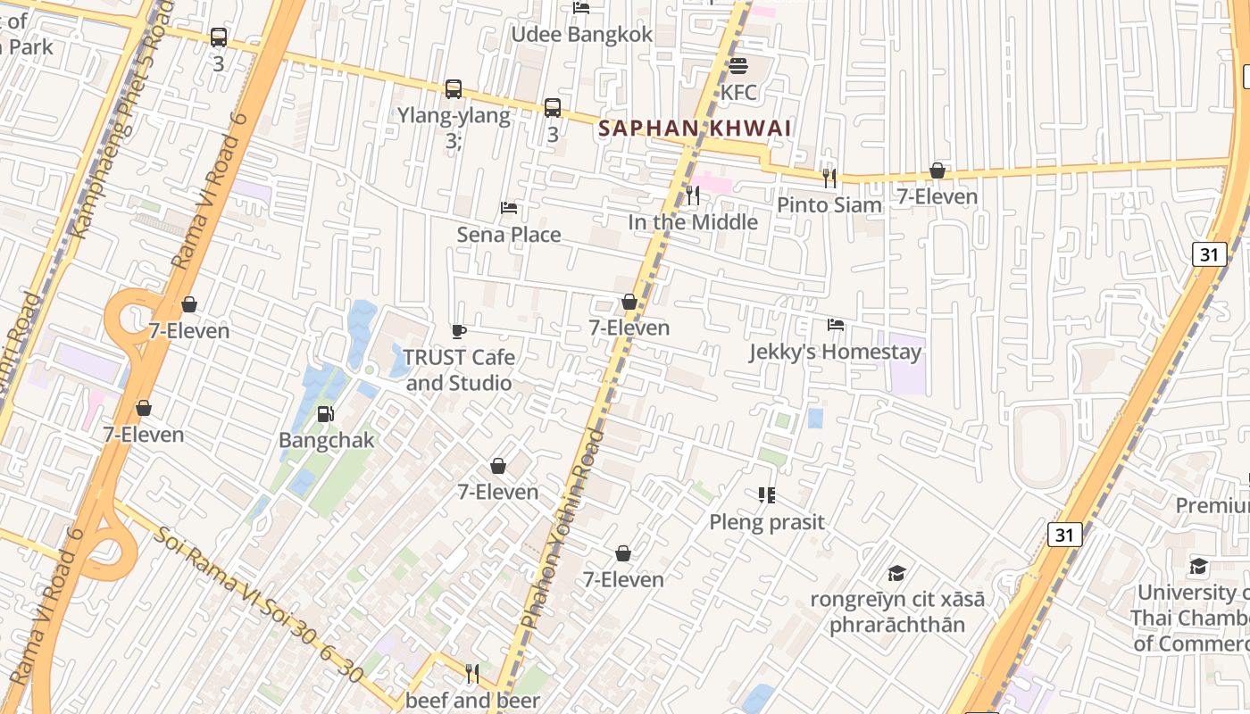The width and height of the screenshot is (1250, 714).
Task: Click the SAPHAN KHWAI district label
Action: coord(695,129)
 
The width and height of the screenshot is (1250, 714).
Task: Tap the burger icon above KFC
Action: coord(737,66)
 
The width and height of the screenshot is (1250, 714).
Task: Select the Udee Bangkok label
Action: coord(581,35)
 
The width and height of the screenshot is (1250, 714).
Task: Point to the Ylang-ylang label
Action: coord(454,116)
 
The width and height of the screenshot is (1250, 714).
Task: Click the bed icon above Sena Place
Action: coord(509,208)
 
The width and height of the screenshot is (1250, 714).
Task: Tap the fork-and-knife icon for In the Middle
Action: coord(693,195)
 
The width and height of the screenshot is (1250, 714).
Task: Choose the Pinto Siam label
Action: coord(829,204)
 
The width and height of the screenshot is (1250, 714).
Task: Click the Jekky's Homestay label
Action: coord(835,353)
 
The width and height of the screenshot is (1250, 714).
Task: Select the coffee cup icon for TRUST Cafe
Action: coord(459,332)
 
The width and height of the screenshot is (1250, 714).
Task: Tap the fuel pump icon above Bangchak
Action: coord(326,414)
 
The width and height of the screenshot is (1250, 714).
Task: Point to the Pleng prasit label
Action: coord(767,522)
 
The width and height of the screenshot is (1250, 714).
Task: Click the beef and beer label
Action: coord(472,701)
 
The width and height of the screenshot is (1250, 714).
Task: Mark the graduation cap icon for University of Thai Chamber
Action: coord(1198,567)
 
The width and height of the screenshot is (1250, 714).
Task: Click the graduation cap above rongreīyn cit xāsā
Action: coord(896,573)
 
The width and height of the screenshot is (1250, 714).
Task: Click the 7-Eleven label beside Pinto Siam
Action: coord(937,196)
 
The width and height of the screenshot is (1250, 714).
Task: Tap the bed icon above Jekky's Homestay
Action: coord(836,325)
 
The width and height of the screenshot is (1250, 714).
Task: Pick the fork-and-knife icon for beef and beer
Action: coord(472,673)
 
